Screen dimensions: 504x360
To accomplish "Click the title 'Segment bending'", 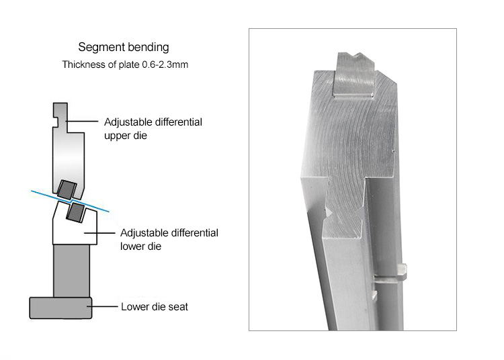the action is pos(124,47).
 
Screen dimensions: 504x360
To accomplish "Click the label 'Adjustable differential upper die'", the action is pos(153,128).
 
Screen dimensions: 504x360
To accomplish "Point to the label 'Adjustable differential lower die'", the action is pos(169,239).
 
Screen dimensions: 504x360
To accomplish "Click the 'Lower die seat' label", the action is pos(155,307).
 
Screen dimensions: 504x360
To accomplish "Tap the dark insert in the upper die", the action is pos(67,189).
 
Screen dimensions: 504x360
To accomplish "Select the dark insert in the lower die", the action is pos(76,212).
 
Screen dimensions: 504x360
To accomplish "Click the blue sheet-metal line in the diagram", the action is pos(70,201).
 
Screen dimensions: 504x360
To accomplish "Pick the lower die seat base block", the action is pos(60,308).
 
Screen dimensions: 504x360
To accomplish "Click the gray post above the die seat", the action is pos(71,271).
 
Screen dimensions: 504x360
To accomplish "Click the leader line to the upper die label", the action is pos(81,122).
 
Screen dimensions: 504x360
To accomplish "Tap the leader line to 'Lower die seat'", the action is pos(102,307).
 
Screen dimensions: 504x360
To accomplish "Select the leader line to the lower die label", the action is pos(99,233).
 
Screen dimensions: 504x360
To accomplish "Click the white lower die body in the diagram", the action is pos(75,231).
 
